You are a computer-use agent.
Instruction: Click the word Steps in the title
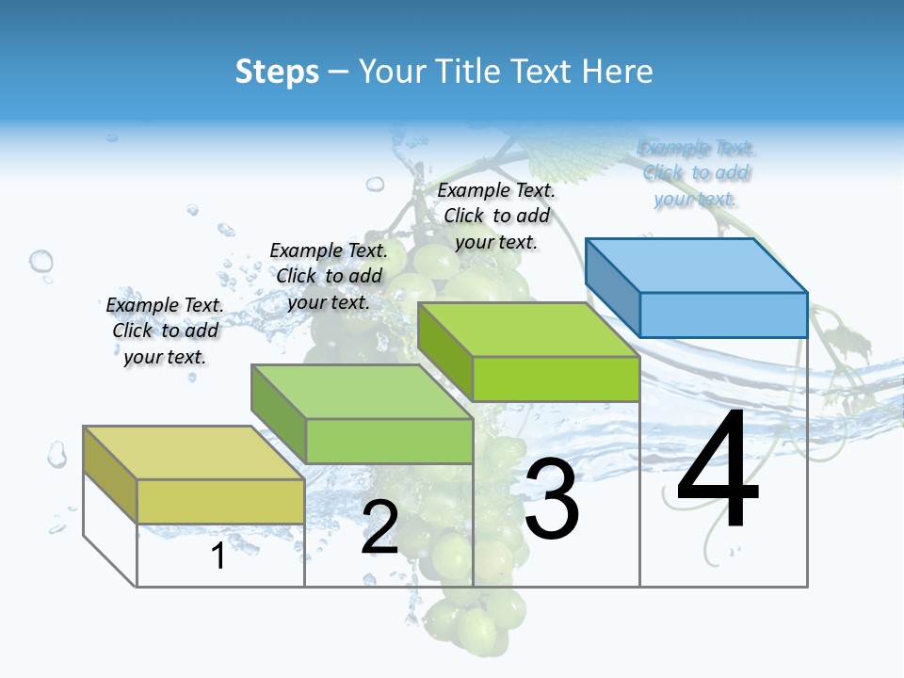[x=277, y=72]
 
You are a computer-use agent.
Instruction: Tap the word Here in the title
[x=618, y=72]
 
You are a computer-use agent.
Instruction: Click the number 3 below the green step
[x=552, y=500]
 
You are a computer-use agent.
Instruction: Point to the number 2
[x=380, y=527]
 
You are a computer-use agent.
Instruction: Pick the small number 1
[x=218, y=557]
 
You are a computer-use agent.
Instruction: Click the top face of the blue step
[x=697, y=265]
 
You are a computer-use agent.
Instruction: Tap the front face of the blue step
[x=723, y=315]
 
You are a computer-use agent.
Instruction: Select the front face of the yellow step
[x=220, y=501]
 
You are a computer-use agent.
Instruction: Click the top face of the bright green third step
[x=528, y=329]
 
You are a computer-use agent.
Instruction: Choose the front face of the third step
[x=556, y=379]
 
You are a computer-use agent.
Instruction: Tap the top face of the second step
[x=362, y=391]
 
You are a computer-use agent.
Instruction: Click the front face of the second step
[x=389, y=441]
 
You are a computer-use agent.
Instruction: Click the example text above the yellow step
[x=165, y=331]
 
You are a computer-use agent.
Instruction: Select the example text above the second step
[x=329, y=276]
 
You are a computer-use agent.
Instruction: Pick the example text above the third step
[x=496, y=216]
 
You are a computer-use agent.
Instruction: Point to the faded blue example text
[x=696, y=172]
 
